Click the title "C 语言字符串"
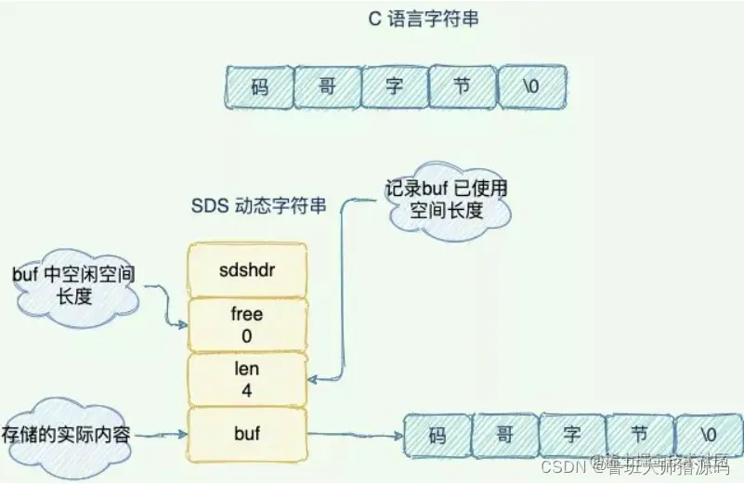[424, 19]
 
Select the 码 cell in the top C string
[259, 87]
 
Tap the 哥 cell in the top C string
[327, 87]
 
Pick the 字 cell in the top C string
[395, 87]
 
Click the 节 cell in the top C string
[463, 87]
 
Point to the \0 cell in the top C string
[531, 87]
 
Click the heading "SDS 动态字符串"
[257, 206]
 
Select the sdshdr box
[247, 270]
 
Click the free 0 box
[247, 325]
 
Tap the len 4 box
[247, 380]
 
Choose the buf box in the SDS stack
[247, 433]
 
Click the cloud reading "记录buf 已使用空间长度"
[448, 200]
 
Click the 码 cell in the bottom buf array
[437, 435]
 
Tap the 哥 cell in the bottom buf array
[505, 435]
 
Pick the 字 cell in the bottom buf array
[572, 435]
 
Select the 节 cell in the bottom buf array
[639, 435]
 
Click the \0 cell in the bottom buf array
[708, 435]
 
